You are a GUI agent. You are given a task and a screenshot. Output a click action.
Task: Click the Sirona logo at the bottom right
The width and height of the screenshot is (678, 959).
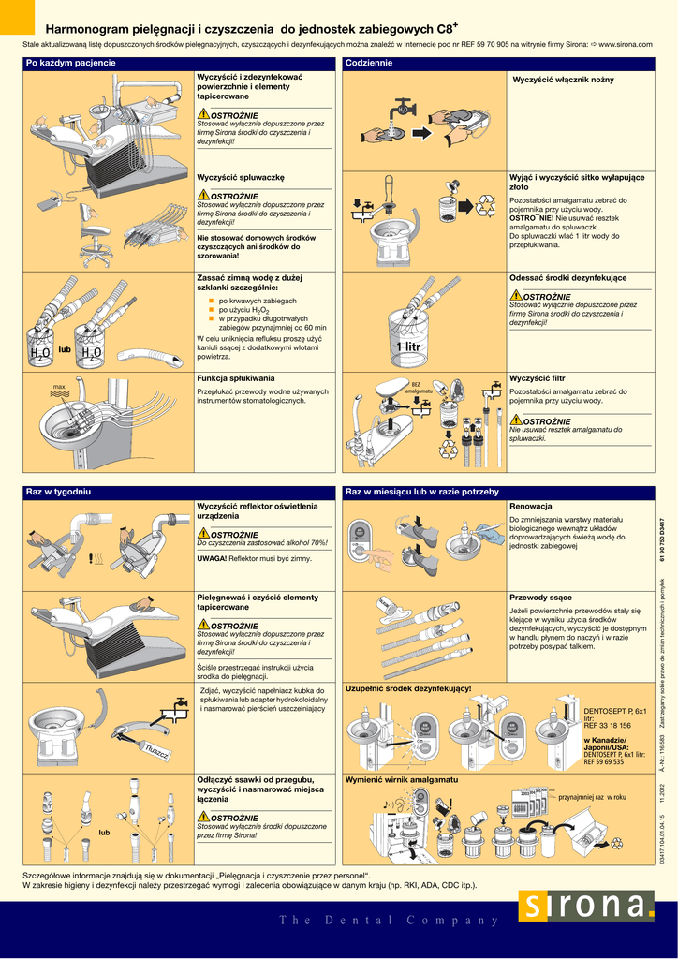[x=586, y=908]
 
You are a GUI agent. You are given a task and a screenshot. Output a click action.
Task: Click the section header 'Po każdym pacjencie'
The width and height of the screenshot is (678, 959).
[x=71, y=63]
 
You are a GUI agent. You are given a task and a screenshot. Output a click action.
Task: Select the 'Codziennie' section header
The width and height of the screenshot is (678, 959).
[x=369, y=63]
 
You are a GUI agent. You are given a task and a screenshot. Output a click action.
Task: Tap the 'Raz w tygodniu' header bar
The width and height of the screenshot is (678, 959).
[x=58, y=492]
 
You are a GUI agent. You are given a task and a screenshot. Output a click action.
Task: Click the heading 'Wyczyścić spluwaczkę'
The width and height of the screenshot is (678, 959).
[x=241, y=177]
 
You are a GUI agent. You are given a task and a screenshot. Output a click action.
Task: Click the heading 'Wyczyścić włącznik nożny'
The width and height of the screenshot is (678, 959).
[x=563, y=80]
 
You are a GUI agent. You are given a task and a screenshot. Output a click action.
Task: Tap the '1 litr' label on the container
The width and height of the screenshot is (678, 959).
[x=407, y=348]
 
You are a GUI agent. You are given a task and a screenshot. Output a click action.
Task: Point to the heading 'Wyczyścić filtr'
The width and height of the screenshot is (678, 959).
[x=538, y=378]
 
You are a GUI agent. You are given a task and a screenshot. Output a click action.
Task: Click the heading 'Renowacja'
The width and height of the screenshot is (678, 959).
[x=530, y=507]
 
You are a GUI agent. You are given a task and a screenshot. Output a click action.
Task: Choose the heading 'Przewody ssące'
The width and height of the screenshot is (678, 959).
[x=540, y=597]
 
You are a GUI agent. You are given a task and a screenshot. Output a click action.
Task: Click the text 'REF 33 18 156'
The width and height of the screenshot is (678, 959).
[x=607, y=725]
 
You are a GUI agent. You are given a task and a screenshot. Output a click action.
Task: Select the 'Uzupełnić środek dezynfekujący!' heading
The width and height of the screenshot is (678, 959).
[x=408, y=688]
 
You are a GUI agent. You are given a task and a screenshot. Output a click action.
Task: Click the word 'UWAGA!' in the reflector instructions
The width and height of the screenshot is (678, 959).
[x=212, y=558]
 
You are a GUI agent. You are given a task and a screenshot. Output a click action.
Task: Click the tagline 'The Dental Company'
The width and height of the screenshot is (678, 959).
[x=389, y=920]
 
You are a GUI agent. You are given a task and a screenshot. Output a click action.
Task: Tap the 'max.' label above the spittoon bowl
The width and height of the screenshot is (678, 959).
[x=60, y=387]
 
